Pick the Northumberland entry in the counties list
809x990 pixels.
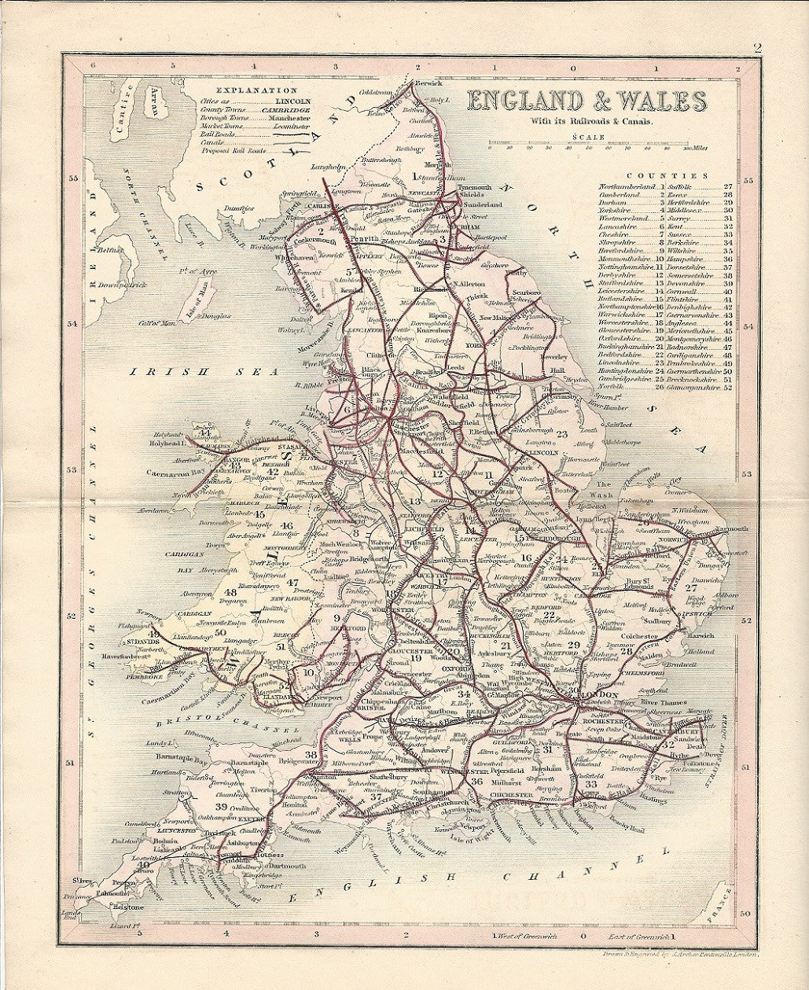622,186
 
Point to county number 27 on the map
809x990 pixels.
691,587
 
